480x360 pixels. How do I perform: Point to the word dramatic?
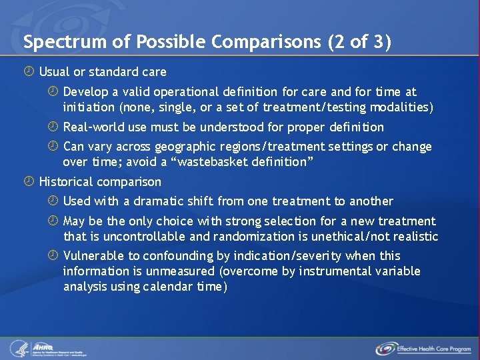point(157,201)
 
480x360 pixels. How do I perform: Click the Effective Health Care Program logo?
point(423,348)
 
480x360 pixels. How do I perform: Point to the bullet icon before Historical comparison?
point(31,181)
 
